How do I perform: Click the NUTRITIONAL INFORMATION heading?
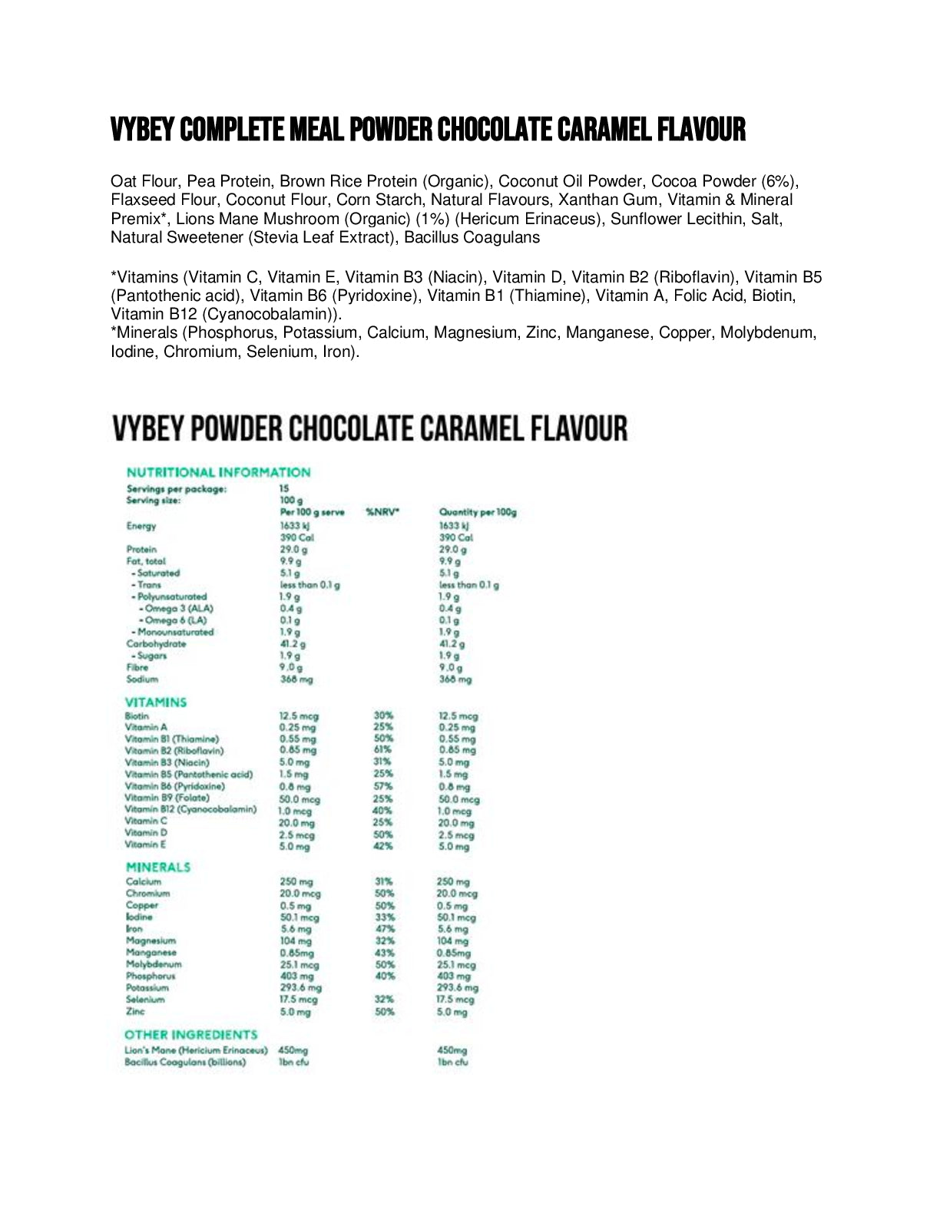coord(218,472)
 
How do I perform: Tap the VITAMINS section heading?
coord(156,702)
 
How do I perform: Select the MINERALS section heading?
coord(158,867)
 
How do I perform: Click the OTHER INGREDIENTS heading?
coord(191,1034)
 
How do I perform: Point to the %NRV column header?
coord(382,512)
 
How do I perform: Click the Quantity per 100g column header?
coord(478,512)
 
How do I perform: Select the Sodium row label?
coord(142,679)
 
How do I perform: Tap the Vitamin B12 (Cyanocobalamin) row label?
coord(190,809)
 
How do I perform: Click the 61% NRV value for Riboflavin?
coord(382,750)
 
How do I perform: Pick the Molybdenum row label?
coord(154,964)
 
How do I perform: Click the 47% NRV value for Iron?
coord(385,929)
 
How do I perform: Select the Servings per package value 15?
coord(284,488)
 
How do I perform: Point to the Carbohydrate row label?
coord(156,643)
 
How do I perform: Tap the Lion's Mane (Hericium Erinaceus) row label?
coord(196,1050)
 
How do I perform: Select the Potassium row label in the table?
coord(147,988)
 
